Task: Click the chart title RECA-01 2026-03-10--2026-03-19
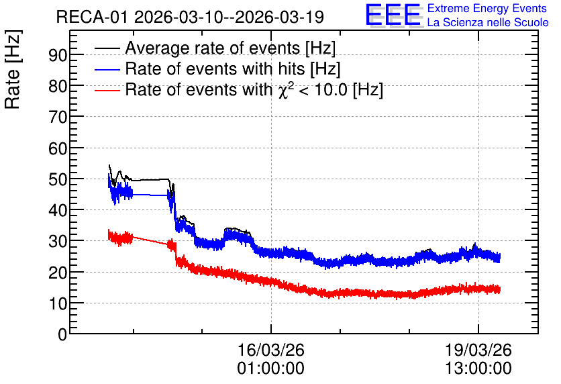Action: click(x=190, y=17)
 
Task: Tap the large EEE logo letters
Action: click(x=393, y=15)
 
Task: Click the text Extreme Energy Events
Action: click(x=487, y=8)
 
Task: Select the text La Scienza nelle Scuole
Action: click(x=488, y=22)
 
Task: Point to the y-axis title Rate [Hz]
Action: click(x=13, y=69)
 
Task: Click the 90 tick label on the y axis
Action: click(x=58, y=55)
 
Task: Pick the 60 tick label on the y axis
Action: click(x=58, y=148)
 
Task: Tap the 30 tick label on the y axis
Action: click(x=58, y=242)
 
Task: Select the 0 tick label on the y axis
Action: click(x=62, y=334)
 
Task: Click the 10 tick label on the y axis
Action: click(x=58, y=304)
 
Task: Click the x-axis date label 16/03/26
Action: click(x=271, y=350)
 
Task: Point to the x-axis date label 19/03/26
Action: click(x=478, y=350)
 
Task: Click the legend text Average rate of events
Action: click(x=212, y=48)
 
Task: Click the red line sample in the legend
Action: click(x=107, y=91)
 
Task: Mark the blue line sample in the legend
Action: click(x=107, y=69)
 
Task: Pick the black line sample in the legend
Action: click(x=107, y=48)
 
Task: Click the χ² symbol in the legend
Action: click(x=284, y=90)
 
